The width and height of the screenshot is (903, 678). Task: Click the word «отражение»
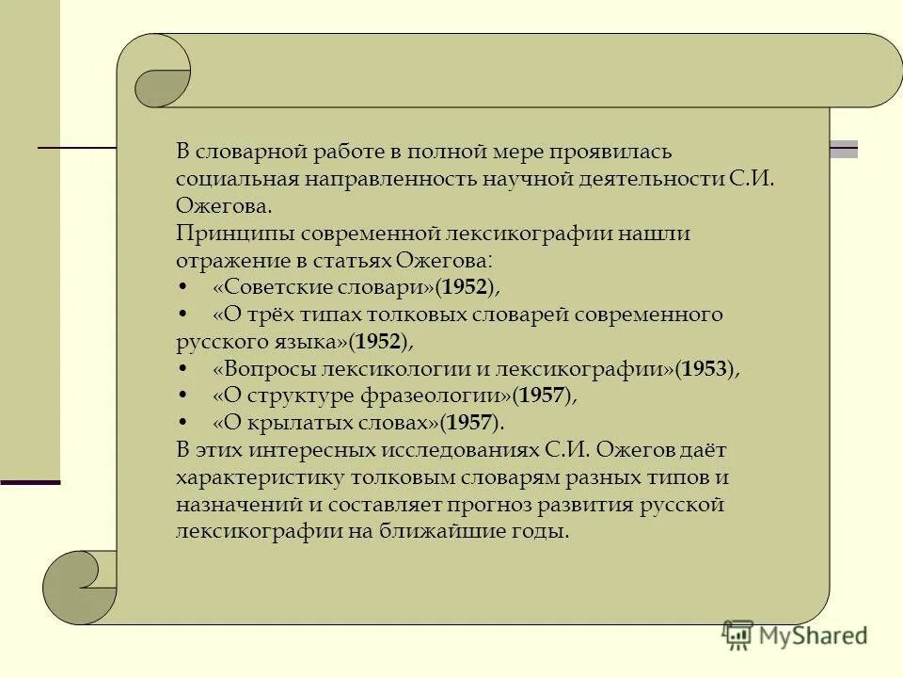coord(227,259)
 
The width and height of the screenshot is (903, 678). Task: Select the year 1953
coord(705,368)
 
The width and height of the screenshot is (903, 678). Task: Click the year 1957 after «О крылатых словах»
coord(468,423)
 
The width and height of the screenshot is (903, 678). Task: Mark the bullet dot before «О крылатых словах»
coord(182,423)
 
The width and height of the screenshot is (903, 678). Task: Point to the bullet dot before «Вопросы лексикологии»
coord(182,368)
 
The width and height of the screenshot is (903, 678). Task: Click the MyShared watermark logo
coord(794,635)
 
